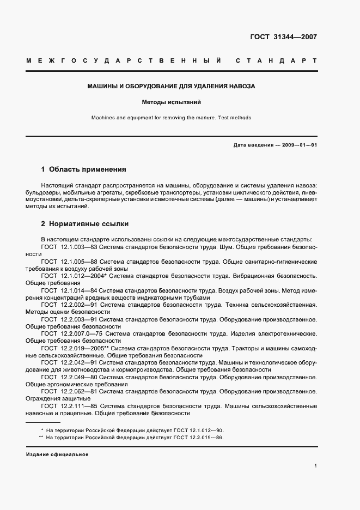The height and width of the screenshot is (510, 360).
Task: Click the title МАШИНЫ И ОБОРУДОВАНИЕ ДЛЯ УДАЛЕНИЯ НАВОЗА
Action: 172,86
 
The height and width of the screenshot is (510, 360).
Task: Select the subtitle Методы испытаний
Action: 172,102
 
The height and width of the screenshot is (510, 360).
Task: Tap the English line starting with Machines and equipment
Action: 172,117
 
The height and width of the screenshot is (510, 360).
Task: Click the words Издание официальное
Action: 57,454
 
